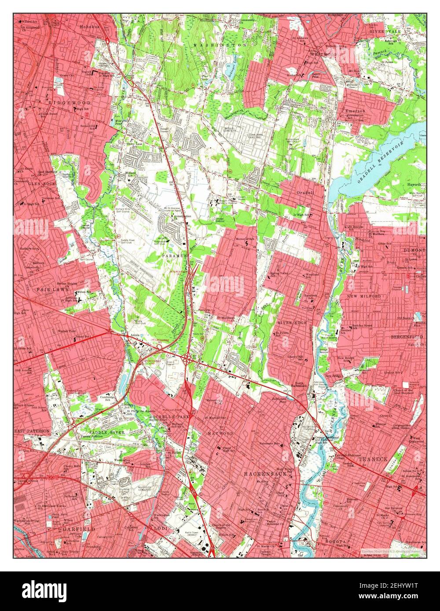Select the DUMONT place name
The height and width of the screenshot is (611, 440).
(x=414, y=250)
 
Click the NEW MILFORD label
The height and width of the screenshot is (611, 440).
(x=363, y=296)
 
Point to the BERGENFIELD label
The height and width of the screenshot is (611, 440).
(x=407, y=336)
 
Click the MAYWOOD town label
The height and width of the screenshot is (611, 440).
(x=220, y=433)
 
